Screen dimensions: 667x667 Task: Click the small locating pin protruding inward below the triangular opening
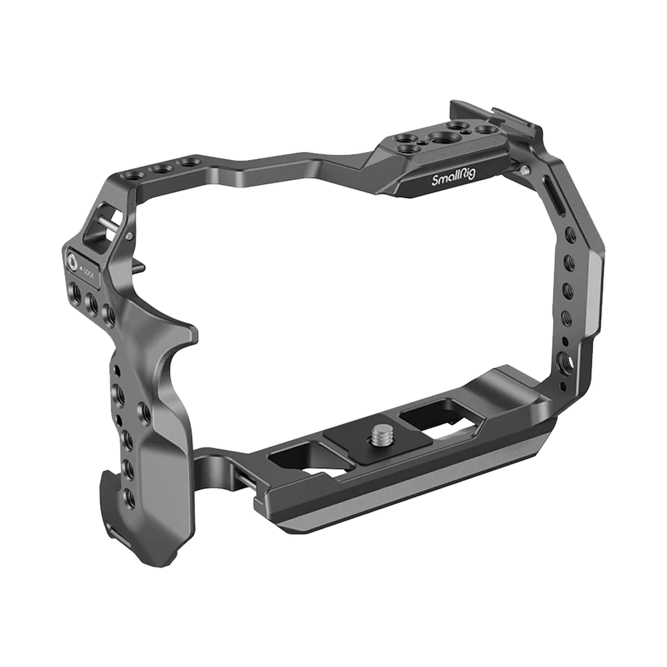[x=136, y=267]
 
